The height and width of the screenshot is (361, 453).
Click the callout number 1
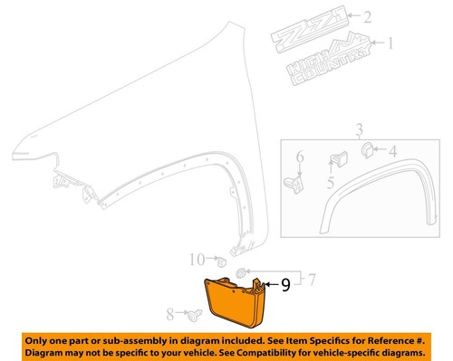[x=392, y=43]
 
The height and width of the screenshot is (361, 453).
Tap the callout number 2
[x=366, y=16]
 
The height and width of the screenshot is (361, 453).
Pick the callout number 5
[x=330, y=184]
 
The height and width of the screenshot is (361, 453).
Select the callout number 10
[x=198, y=261]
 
